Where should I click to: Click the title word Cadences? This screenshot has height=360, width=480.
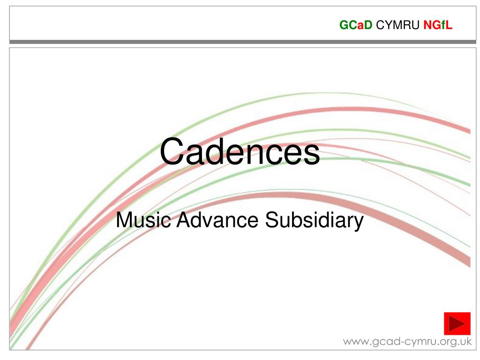point(240,152)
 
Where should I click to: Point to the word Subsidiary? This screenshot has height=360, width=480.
point(315,220)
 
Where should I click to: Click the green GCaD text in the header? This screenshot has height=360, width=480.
point(356,26)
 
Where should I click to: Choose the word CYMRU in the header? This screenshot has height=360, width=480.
point(398,26)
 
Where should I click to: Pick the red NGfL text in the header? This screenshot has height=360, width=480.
point(438,26)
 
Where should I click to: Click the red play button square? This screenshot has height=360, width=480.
point(457,323)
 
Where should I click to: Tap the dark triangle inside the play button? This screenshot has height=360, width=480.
point(457,323)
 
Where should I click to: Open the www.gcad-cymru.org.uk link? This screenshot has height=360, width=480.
point(407,341)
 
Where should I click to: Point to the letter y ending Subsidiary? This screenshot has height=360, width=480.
point(359,222)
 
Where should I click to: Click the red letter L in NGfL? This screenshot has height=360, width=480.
point(449,26)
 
